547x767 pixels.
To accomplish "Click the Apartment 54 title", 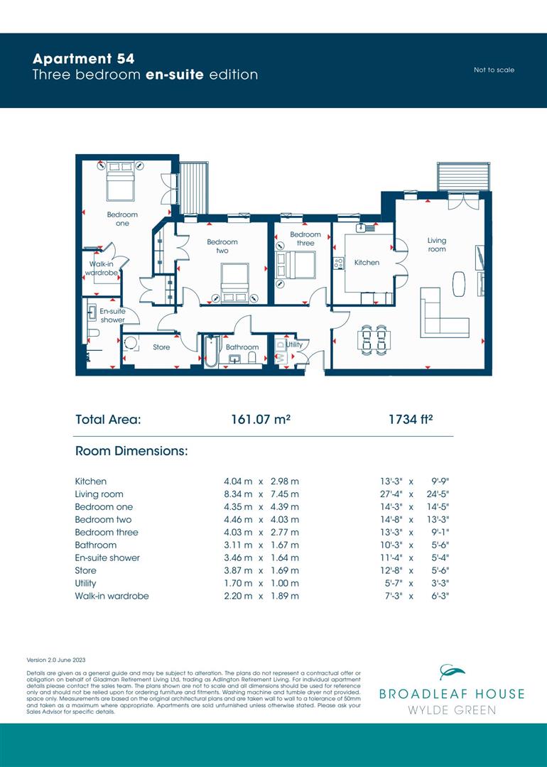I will click(83, 58).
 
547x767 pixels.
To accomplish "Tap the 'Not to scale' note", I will click(494, 70).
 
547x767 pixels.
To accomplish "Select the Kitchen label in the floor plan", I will click(367, 263).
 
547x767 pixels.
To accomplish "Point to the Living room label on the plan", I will click(437, 245).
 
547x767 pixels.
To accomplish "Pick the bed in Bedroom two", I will click(234, 281).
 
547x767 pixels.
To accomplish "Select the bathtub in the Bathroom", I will click(210, 351).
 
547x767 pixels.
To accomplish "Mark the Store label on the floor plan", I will click(161, 347).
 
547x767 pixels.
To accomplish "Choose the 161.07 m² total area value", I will click(261, 420).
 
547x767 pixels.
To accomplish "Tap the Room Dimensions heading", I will click(131, 451).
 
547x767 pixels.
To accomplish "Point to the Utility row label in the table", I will click(85, 583).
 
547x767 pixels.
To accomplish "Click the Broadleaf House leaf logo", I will click(452, 672).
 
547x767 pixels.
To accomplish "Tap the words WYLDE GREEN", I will click(452, 710).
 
